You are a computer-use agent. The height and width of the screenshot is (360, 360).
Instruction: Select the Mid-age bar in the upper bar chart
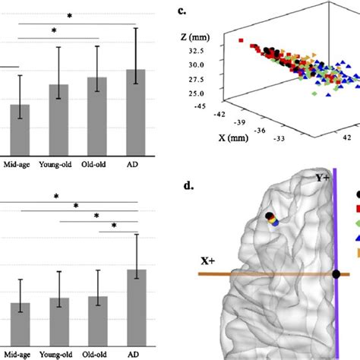click(x=19, y=128)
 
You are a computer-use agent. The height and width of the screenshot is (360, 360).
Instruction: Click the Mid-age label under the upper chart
click(x=18, y=163)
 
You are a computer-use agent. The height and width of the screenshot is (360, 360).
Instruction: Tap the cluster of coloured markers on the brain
click(x=271, y=220)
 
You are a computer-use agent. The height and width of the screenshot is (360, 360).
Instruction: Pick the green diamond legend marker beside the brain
click(x=355, y=223)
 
